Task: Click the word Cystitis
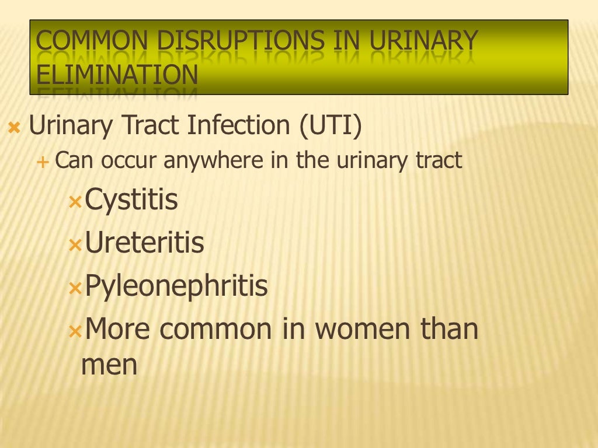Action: tap(131, 200)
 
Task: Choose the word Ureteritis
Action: tap(145, 243)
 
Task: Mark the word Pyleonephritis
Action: tap(176, 286)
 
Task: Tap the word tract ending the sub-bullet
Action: tap(438, 161)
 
